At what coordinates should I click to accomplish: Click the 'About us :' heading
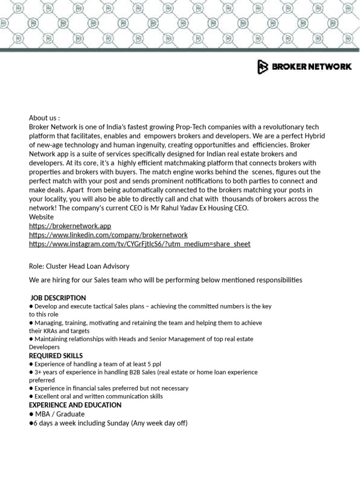(45, 118)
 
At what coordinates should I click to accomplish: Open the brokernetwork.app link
(70, 226)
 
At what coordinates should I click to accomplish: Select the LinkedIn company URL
(108, 235)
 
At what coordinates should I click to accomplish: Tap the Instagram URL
(140, 244)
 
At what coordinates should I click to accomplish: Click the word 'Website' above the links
(41, 217)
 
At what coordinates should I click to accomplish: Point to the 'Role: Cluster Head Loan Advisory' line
(79, 266)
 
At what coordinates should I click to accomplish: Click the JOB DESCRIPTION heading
(58, 298)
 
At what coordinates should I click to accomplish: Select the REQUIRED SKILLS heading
(56, 356)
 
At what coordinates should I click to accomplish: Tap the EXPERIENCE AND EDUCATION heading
(75, 405)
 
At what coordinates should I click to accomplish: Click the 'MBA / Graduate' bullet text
(60, 414)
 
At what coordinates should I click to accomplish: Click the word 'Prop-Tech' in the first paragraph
(191, 127)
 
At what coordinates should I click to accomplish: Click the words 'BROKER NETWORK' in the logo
(311, 67)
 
